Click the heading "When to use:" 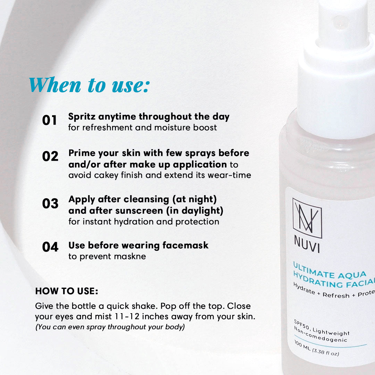90,85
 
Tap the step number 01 50,120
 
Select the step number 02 50,156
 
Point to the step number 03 50,203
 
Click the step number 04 50,247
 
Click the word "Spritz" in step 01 82,117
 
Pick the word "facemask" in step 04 185,245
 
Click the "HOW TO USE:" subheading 67,291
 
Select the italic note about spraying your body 110,327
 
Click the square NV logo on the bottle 307,218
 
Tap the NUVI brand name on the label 307,244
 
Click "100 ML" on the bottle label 302,346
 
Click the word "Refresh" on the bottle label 336,295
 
